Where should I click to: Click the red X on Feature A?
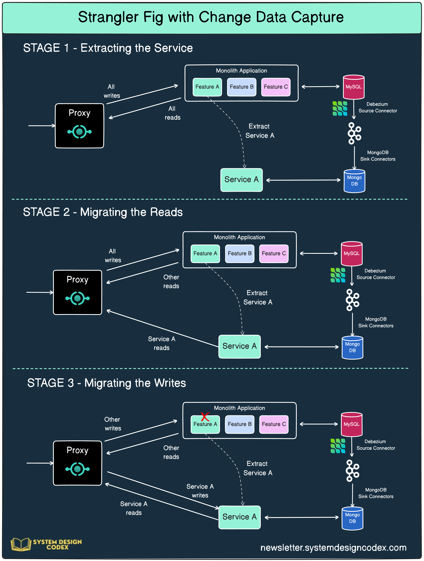[x=205, y=417]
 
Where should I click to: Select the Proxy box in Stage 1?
[x=79, y=126]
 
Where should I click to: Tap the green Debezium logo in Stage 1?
[x=340, y=109]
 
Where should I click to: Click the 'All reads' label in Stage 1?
[x=172, y=113]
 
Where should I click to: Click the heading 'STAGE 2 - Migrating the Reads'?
[x=103, y=212]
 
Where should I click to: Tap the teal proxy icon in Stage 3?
[x=77, y=469]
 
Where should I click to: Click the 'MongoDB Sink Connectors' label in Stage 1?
[x=378, y=156]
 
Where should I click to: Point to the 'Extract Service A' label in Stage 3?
[x=257, y=468]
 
